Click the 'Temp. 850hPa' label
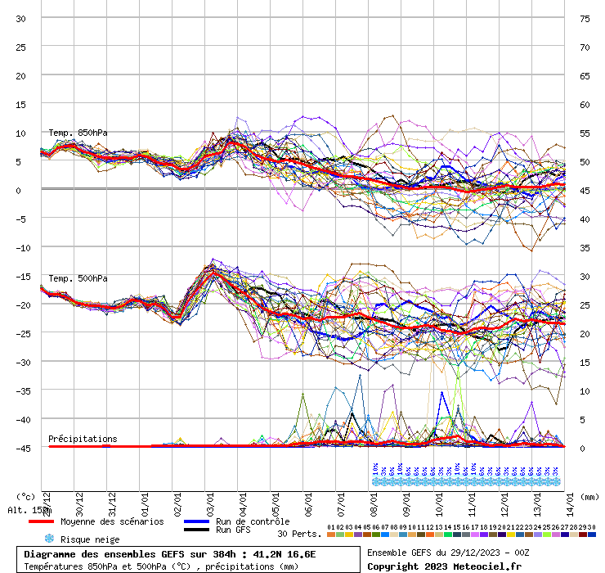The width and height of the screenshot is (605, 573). click(78, 133)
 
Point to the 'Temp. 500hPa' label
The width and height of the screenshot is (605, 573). click(78, 278)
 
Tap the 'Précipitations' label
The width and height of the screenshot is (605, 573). click(83, 439)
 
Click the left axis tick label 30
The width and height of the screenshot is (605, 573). click(21, 18)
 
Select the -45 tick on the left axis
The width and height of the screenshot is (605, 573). click(21, 448)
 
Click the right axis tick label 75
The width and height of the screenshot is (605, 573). click(585, 18)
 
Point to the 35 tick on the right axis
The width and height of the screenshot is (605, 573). click(585, 247)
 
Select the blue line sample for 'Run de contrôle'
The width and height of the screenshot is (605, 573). click(197, 521)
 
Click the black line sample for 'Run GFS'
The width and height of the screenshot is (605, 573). click(197, 530)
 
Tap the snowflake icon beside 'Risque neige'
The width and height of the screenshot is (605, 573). click(49, 539)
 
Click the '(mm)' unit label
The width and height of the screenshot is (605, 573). click(588, 496)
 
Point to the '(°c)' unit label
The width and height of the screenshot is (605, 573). click(25, 496)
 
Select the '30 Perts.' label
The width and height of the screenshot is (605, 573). click(299, 534)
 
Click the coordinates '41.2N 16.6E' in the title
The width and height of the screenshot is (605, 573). click(281, 553)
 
